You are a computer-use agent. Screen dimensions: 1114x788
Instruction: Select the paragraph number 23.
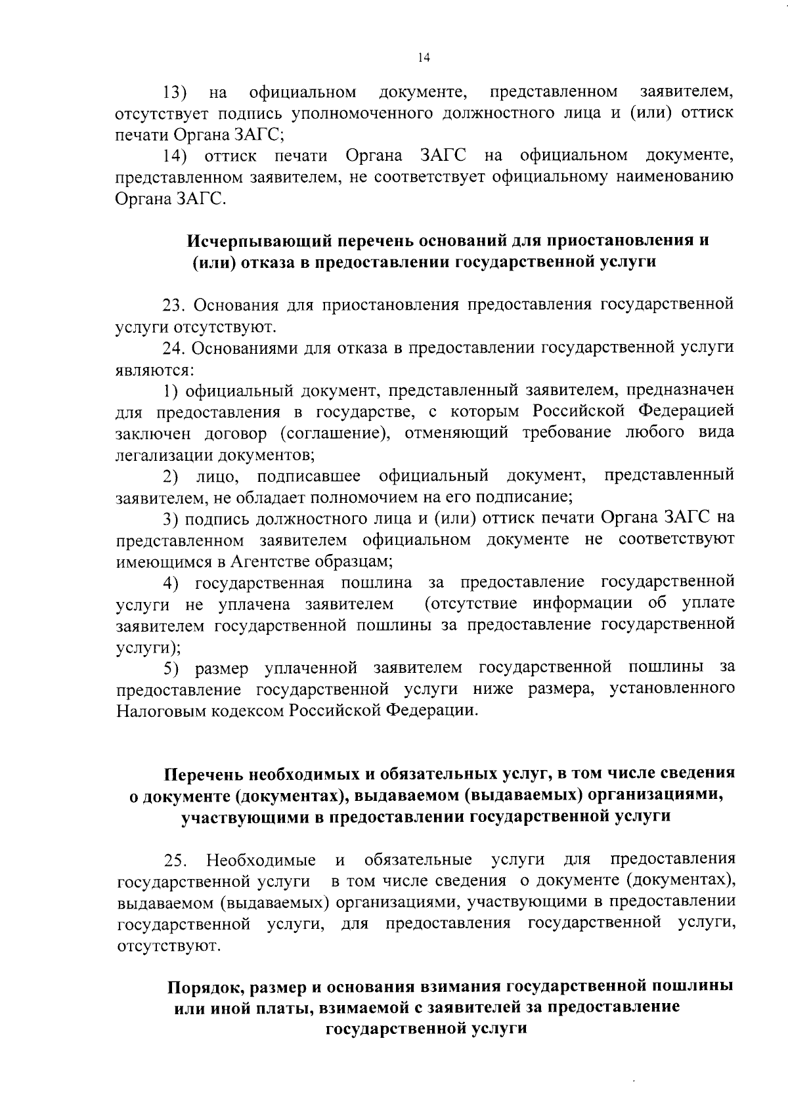click(x=175, y=305)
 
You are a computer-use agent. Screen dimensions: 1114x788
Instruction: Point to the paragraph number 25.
click(x=175, y=861)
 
